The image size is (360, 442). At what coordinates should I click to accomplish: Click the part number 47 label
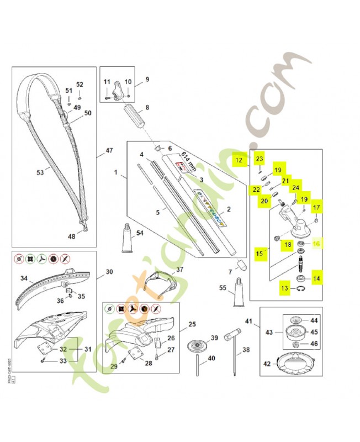[109, 150]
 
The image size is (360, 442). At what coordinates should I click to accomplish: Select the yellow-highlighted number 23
[260, 159]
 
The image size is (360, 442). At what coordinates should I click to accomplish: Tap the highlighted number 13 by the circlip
[284, 288]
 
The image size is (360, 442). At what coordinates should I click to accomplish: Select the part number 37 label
[179, 270]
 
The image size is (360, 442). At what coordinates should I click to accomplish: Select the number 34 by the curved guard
[24, 278]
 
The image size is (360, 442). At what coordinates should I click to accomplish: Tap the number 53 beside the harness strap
[40, 172]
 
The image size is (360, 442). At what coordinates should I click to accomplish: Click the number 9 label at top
[147, 79]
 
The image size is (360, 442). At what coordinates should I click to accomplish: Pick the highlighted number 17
[317, 208]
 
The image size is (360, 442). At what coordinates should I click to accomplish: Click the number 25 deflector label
[192, 324]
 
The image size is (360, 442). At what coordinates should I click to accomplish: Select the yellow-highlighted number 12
[239, 161]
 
